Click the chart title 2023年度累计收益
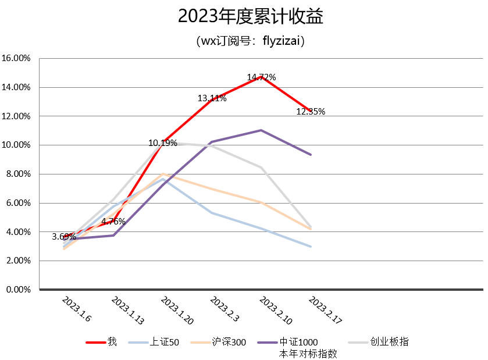click(x=250, y=17)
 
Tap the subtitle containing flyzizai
click(x=250, y=41)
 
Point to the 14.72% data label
click(x=261, y=77)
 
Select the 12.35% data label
click(x=311, y=112)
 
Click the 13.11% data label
click(x=212, y=98)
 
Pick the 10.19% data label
click(x=163, y=142)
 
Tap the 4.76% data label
click(x=113, y=221)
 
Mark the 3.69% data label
click(x=64, y=236)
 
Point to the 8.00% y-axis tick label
click(x=18, y=174)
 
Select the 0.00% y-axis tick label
click(x=18, y=290)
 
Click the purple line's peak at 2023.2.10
click(x=261, y=130)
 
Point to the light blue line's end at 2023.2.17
click(x=311, y=247)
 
